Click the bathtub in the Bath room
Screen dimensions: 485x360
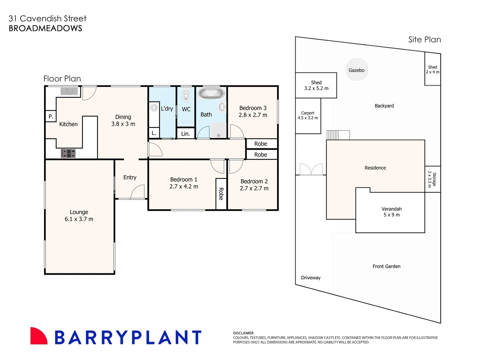pyautogui.click(x=211, y=93)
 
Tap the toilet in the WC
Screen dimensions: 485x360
pyautogui.click(x=186, y=95)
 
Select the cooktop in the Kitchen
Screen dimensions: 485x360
pyautogui.click(x=68, y=153)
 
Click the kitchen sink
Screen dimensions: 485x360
pyautogui.click(x=69, y=91)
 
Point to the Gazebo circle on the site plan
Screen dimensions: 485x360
pyautogui.click(x=357, y=70)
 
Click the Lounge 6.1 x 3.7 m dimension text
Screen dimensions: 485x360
pyautogui.click(x=79, y=219)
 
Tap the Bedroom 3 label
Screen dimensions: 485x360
pyautogui.click(x=253, y=108)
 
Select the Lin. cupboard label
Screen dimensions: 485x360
pyautogui.click(x=186, y=134)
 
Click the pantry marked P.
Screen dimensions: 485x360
pyautogui.click(x=51, y=117)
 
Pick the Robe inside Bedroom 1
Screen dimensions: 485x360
pyautogui.click(x=221, y=194)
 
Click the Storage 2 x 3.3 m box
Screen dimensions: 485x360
pyautogui.click(x=433, y=179)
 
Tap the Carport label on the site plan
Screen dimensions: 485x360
pyautogui.click(x=308, y=113)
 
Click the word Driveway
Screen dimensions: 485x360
pyautogui.click(x=311, y=278)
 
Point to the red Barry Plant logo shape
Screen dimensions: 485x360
pyautogui.click(x=39, y=336)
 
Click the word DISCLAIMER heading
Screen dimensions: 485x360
pyautogui.click(x=243, y=333)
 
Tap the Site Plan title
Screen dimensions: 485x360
pyautogui.click(x=425, y=40)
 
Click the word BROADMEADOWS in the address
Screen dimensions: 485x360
pyautogui.click(x=45, y=28)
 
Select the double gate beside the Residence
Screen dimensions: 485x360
pyautogui.click(x=311, y=169)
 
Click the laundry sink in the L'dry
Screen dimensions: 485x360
pyautogui.click(x=154, y=108)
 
